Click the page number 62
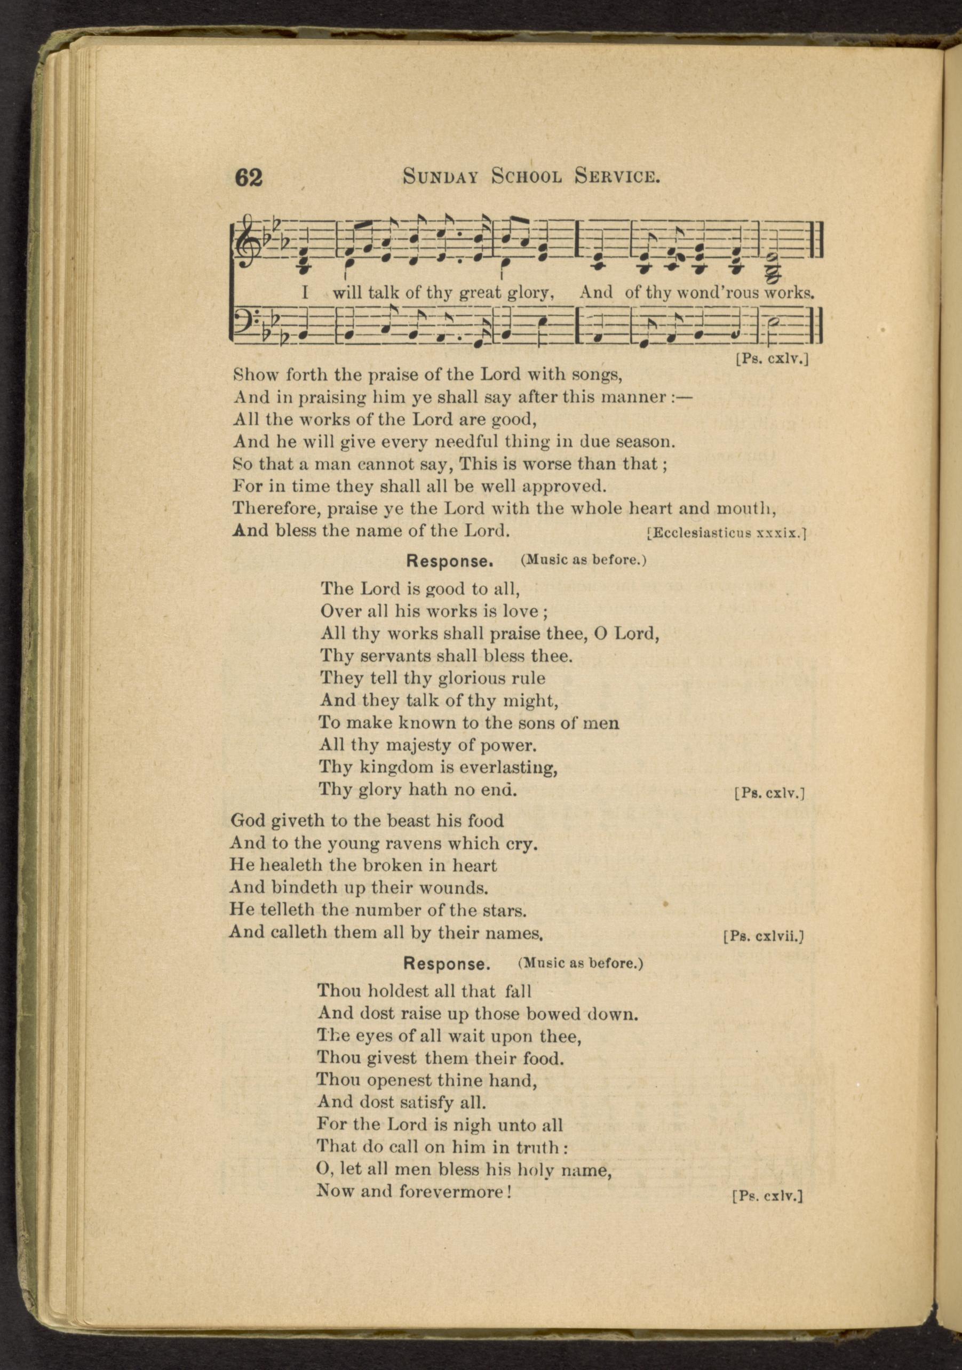tap(249, 178)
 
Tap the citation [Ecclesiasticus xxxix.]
tap(727, 533)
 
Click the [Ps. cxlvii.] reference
tap(764, 936)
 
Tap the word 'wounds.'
tap(462, 888)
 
